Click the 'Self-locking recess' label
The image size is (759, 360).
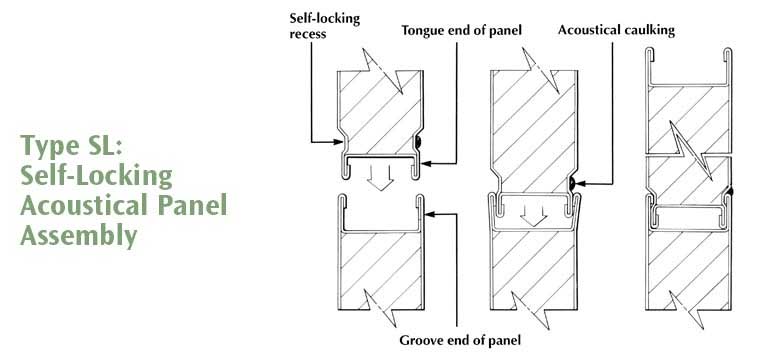[x=324, y=26]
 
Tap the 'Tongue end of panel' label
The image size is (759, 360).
[x=461, y=30]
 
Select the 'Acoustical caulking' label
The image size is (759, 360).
[x=616, y=30]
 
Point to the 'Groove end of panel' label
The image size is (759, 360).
[x=460, y=340]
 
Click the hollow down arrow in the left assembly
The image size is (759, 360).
[x=380, y=178]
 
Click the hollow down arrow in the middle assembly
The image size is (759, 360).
[x=534, y=214]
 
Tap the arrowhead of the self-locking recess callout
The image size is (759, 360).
[x=339, y=142]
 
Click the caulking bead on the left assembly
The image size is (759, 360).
[x=418, y=142]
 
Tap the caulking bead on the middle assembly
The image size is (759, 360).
[x=572, y=183]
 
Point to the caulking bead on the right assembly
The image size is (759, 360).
[x=729, y=192]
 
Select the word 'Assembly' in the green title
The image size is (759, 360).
[x=78, y=236]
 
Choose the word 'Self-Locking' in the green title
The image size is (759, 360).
[x=96, y=177]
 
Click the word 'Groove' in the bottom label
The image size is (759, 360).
[x=418, y=340]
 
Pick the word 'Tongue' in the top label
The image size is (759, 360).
[x=421, y=31]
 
